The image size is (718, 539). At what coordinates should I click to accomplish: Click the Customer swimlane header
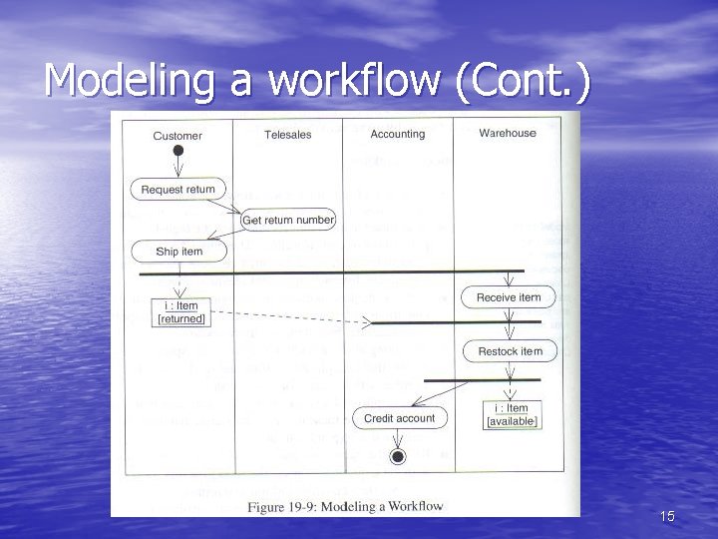178,136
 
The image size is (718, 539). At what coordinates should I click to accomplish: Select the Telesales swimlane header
288,135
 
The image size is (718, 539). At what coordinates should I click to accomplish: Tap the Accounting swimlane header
397,134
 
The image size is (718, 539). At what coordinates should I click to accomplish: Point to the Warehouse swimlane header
507,133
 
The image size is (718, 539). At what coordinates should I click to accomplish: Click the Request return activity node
178,189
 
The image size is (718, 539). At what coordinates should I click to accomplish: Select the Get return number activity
288,220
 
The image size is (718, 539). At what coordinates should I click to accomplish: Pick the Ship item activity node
179,252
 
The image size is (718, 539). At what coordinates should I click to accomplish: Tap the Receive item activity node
508,297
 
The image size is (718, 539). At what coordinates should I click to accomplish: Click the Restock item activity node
510,351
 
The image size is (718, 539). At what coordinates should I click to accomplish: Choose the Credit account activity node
399,418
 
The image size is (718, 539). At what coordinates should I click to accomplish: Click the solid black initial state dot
179,151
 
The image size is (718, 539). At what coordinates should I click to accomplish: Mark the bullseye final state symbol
398,457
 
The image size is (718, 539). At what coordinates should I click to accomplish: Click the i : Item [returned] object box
180,312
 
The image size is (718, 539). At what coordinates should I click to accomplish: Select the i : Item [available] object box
512,415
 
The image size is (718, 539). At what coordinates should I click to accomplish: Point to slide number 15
667,516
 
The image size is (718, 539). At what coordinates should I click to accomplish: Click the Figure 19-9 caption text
345,506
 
